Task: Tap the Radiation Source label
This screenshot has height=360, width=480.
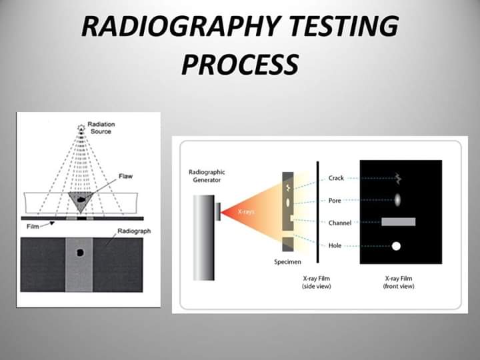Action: tap(101, 127)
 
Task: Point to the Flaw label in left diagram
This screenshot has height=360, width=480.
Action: tap(125, 176)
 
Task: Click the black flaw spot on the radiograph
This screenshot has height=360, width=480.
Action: tap(81, 253)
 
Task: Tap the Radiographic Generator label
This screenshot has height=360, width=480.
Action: tap(207, 176)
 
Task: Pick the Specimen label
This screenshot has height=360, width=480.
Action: tap(288, 262)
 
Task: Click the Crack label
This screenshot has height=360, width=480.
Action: tap(336, 178)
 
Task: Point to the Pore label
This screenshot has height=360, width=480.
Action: tap(335, 199)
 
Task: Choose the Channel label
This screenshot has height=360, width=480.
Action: tap(340, 223)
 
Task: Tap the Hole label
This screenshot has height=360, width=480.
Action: tap(335, 245)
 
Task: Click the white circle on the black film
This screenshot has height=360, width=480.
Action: tap(396, 246)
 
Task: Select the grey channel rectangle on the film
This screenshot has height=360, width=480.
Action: tap(399, 222)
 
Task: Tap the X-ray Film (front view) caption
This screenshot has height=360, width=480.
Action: tap(399, 282)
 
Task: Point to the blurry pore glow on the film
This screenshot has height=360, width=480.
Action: tap(397, 199)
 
